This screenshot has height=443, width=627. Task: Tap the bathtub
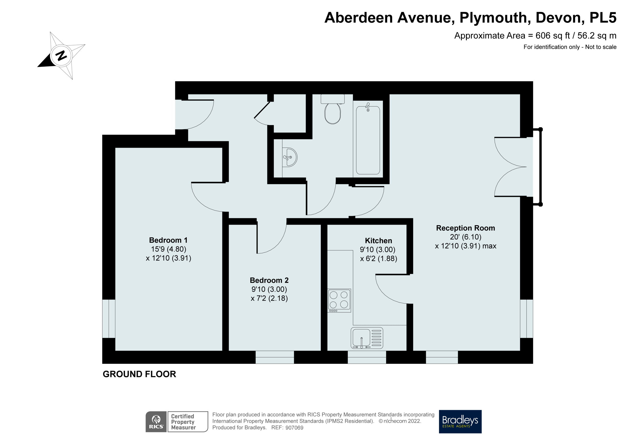tap(368, 140)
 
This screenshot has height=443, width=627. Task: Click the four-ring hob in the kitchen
tap(339, 300)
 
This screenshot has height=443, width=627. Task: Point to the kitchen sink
tap(367, 338)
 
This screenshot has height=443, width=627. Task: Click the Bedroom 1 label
tap(168, 240)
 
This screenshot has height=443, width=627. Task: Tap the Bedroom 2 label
tap(269, 280)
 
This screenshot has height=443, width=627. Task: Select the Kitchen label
tap(378, 241)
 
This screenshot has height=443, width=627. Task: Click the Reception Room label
tap(465, 228)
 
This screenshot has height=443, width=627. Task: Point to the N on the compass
tap(61, 56)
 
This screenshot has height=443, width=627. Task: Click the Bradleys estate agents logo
tap(460, 421)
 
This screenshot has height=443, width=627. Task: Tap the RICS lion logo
tap(156, 421)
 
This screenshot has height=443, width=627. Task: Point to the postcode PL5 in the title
tap(603, 18)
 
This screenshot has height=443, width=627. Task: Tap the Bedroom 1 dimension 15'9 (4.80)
tap(169, 249)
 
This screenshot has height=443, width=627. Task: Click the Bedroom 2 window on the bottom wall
tap(275, 357)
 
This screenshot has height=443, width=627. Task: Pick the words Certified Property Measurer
tap(183, 422)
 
